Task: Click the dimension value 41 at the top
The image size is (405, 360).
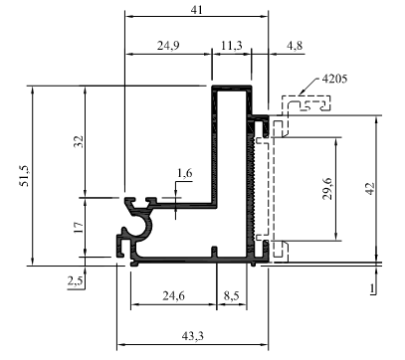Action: pyautogui.click(x=196, y=10)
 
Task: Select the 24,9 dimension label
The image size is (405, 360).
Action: pyautogui.click(x=168, y=46)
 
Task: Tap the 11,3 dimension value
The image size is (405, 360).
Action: pyautogui.click(x=231, y=46)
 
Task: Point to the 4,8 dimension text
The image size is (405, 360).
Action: pyautogui.click(x=295, y=46)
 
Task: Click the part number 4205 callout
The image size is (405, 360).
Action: pyautogui.click(x=334, y=79)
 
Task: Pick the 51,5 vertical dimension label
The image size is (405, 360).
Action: pyautogui.click(x=25, y=176)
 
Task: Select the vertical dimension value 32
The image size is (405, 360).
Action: pyautogui.click(x=79, y=141)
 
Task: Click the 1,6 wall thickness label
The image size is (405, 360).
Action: pyautogui.click(x=185, y=173)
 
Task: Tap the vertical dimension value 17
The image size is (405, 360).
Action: pyautogui.click(x=79, y=228)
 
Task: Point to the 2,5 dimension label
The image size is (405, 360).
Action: pyautogui.click(x=76, y=281)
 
